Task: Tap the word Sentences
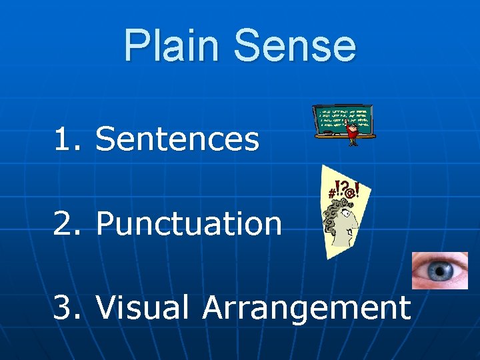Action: click(x=177, y=139)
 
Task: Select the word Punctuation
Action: click(x=189, y=224)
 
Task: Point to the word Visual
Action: click(x=143, y=308)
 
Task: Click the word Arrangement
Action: click(x=306, y=309)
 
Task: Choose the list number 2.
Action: click(x=64, y=224)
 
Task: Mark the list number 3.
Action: click(x=64, y=308)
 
